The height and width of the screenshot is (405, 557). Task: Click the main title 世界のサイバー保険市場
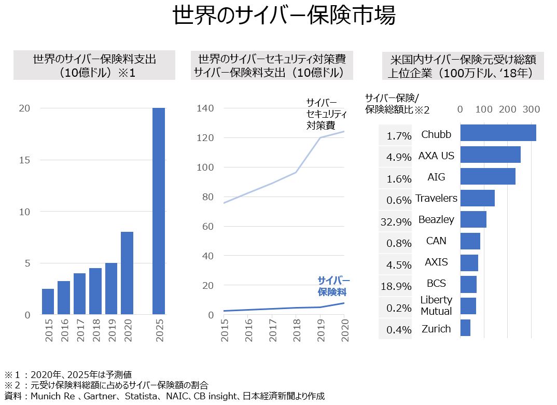[x=284, y=16]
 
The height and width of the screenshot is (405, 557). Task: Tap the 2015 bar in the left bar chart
[x=48, y=301]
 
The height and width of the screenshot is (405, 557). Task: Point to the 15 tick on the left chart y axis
[x=24, y=160]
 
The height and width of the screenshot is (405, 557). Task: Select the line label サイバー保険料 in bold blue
[x=333, y=286]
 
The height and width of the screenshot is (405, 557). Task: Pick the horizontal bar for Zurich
[x=465, y=328]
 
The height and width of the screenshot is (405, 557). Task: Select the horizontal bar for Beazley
[x=473, y=219]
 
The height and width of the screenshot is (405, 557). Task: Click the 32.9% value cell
[x=395, y=222]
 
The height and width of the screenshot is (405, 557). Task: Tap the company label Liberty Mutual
[x=436, y=305]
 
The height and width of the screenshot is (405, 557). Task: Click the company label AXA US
[x=436, y=156]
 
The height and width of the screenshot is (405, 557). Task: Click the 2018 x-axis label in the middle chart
[x=296, y=328]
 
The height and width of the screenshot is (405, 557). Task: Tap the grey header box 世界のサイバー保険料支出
[x=94, y=65]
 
